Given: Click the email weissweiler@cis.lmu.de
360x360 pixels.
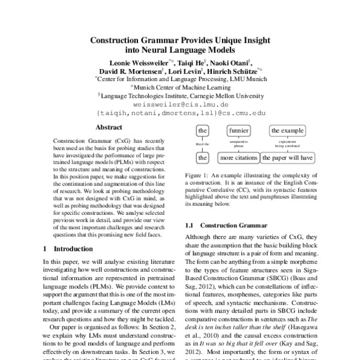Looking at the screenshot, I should click(x=181, y=104).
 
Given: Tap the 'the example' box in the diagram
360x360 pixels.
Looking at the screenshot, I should click(x=287, y=130).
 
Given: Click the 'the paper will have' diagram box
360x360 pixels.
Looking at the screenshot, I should click(x=287, y=158).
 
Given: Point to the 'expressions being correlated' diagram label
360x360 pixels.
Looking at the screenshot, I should click(x=287, y=144).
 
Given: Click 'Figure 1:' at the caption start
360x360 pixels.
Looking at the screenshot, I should click(x=194, y=173).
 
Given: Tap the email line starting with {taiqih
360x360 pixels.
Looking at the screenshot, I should click(x=181, y=112).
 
